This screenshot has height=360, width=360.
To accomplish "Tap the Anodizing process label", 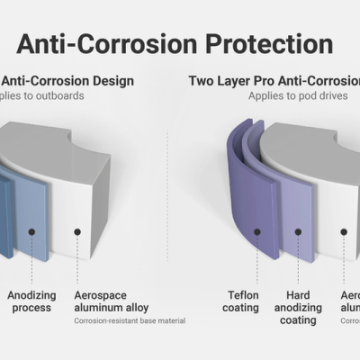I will [31, 301].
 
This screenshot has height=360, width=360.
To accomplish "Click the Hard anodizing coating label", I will [297, 307].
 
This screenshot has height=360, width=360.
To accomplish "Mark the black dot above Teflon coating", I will [256, 232].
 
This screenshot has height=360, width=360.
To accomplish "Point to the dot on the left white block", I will [77, 231].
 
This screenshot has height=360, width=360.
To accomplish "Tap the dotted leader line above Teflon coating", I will [256, 261].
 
